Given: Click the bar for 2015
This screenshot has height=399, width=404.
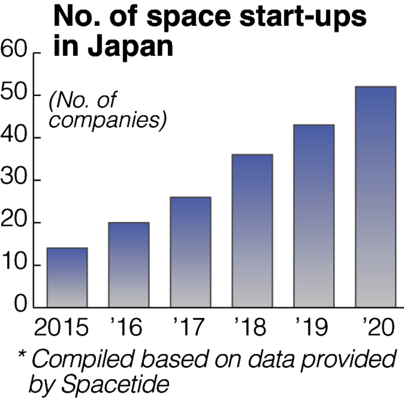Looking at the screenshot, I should pos(67,277).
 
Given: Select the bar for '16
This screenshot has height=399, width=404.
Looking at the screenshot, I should pos(129,264).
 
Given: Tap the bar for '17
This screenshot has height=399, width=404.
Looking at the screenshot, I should pos(190,252).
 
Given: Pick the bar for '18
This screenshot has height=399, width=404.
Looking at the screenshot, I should pos(252,231).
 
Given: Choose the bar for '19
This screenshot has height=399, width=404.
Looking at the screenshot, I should pos(314,215).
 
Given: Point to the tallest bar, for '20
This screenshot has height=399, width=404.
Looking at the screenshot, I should pos(375,197).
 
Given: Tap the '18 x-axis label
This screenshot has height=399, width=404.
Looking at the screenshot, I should pos(251,329).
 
